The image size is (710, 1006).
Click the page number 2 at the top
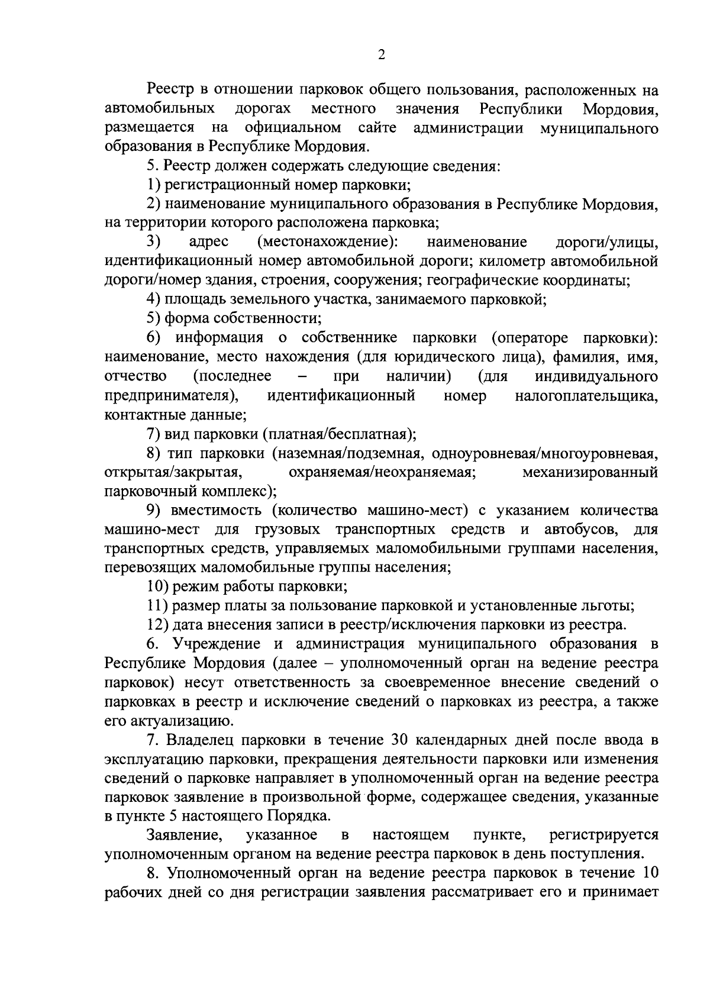(x=381, y=54)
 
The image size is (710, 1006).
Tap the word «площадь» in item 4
(x=190, y=299)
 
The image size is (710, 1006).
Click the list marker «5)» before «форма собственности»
(x=153, y=318)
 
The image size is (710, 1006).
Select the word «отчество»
(x=135, y=376)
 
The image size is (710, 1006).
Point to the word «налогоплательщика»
(x=587, y=395)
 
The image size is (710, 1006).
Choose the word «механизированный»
(x=590, y=472)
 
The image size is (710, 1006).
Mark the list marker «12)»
(x=157, y=625)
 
